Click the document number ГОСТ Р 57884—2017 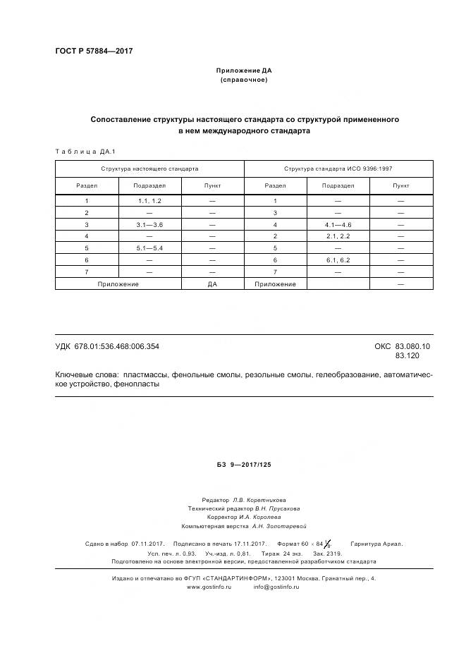pos(94,51)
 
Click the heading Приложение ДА pos(244,71)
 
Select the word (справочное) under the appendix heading pos(244,80)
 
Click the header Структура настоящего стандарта pos(149,169)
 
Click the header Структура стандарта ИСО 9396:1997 pos(338,169)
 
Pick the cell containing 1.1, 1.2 pos(150,201)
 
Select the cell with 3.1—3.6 pos(150,224)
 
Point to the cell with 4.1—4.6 pos(338,224)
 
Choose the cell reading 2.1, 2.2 pos(338,236)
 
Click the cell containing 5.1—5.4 pos(150,248)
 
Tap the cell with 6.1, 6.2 pos(338,260)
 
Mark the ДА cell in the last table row pos(212,283)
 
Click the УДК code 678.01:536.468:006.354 pos(117,346)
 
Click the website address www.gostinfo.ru pos(209,587)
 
